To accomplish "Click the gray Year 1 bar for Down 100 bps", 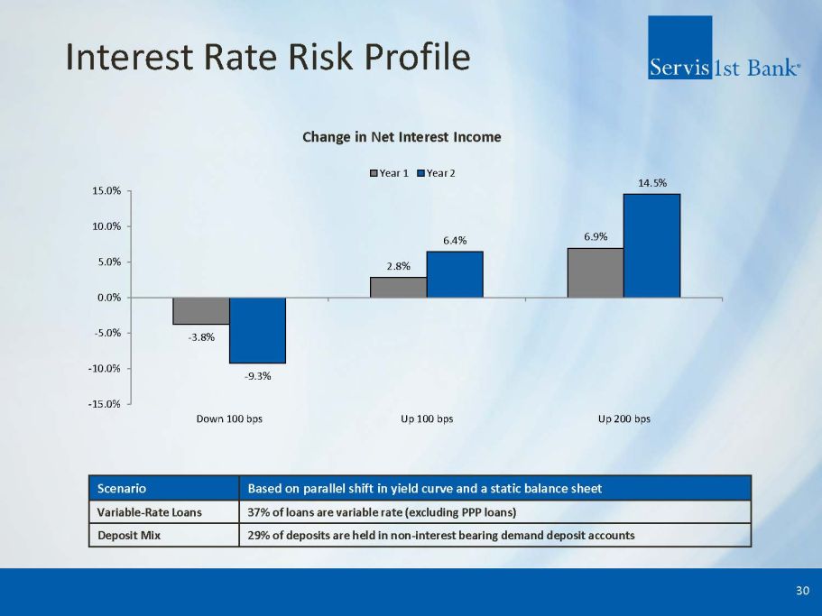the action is [201, 311].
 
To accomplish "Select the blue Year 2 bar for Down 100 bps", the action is [257, 330].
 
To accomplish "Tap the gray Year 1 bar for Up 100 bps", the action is [399, 288].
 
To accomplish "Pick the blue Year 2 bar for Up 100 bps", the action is [455, 274].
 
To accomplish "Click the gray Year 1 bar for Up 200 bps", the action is [596, 273].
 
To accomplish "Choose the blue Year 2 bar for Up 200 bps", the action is [652, 245].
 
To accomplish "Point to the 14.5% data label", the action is [652, 183].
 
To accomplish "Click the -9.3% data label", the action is [257, 376].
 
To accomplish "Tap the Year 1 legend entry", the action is [389, 173].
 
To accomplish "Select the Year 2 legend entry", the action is [436, 173].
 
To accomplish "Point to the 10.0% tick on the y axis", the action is [106, 226].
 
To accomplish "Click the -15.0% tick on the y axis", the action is [104, 404].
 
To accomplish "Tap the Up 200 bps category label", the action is [623, 419].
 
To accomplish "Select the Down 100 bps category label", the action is [229, 419].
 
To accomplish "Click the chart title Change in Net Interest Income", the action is [402, 137].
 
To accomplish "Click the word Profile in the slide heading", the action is [417, 57].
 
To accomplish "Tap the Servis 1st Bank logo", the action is [724, 48].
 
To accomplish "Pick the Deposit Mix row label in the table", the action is [129, 536].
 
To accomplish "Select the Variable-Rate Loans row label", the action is [150, 512].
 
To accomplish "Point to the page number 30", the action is [802, 591].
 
